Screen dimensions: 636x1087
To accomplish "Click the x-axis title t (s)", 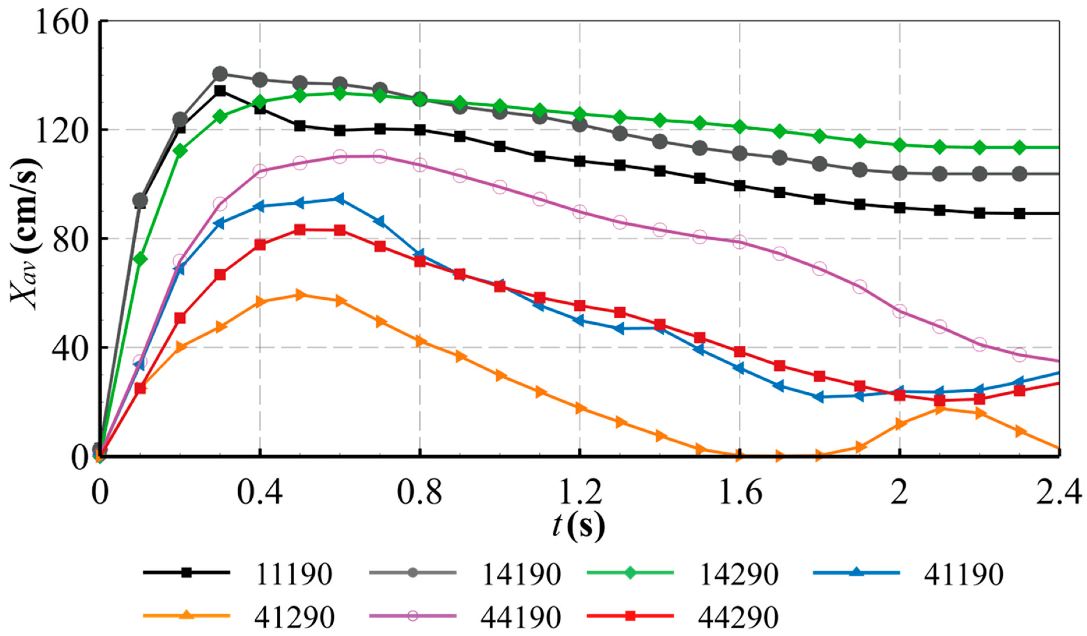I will pyautogui.click(x=578, y=526).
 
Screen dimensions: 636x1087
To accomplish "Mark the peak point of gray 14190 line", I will pyautogui.click(x=220, y=74).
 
